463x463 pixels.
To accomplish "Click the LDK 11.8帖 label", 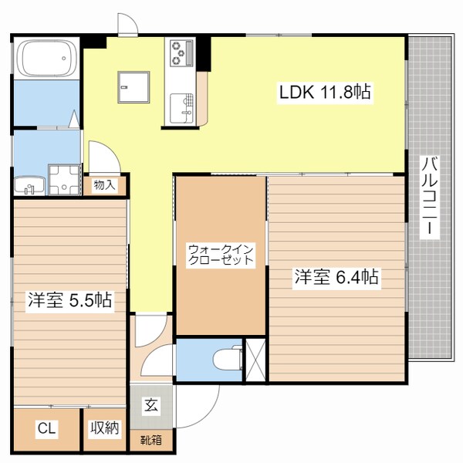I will pos(325,93).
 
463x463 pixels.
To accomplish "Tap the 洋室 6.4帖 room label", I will pos(336,277).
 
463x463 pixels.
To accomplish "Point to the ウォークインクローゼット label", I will pos(221,255).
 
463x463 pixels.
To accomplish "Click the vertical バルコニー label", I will pos(430,196).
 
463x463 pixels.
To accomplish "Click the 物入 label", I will pos(104,185).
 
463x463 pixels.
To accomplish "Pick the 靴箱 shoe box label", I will pos(152,441).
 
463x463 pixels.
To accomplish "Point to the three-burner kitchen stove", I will pos(182,52).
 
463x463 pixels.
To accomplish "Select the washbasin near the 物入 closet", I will pos(29,186).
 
